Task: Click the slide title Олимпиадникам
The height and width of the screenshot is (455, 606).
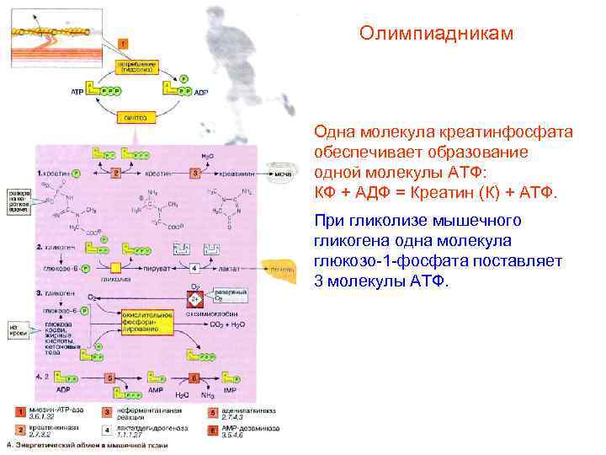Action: click(x=435, y=35)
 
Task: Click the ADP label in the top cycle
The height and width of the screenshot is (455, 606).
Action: click(x=199, y=91)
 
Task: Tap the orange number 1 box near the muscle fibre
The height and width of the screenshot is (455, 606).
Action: click(x=123, y=43)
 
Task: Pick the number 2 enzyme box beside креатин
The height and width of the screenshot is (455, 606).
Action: click(x=116, y=173)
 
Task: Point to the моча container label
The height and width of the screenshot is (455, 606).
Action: click(x=282, y=174)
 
